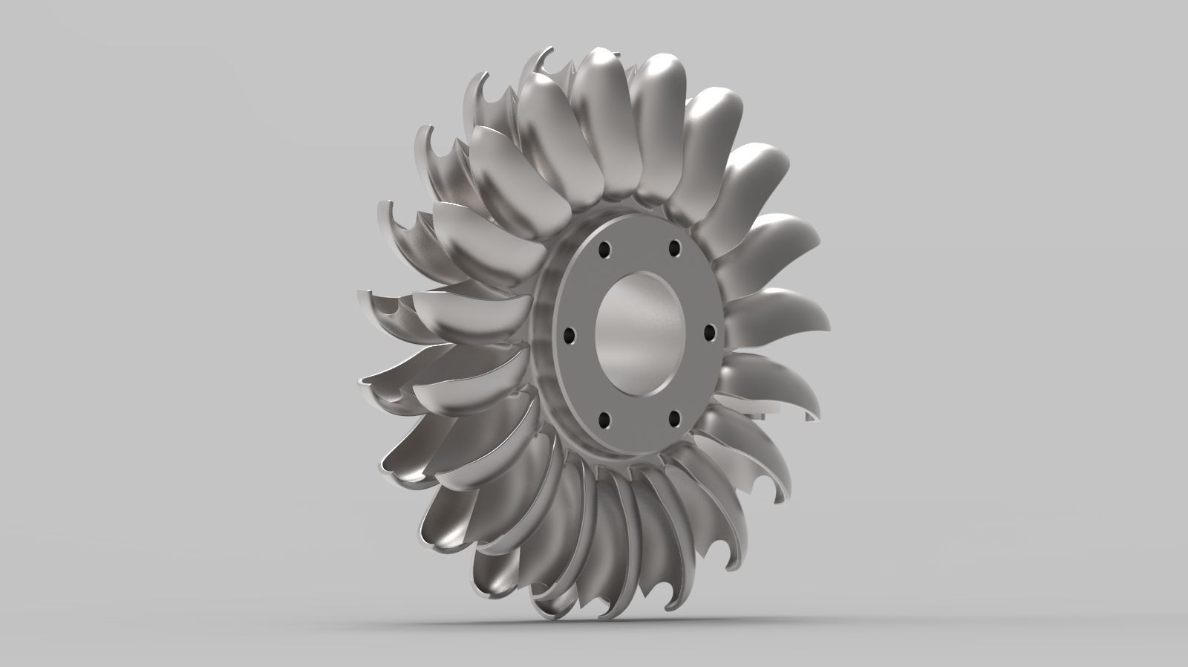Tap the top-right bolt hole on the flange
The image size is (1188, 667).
click(x=674, y=247)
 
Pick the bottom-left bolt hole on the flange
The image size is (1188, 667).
click(x=604, y=420)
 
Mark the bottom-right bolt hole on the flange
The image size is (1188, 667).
click(x=673, y=420)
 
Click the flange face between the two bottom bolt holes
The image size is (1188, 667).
click(x=639, y=431)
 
